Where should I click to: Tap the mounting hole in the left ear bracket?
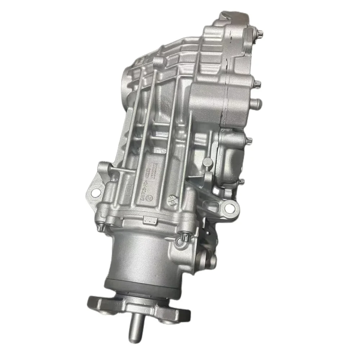click(x=95, y=193)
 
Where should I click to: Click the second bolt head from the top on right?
click(x=258, y=84)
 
